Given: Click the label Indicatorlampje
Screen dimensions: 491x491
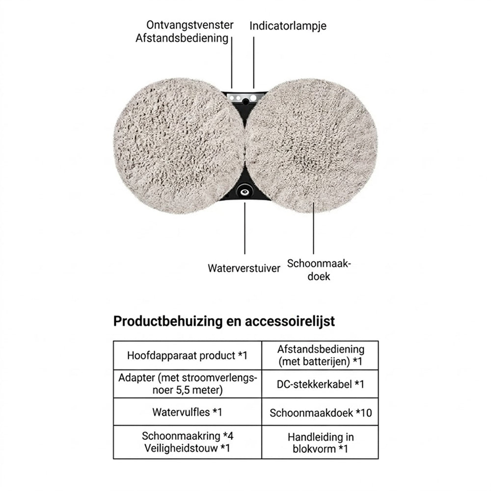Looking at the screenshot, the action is (x=288, y=26).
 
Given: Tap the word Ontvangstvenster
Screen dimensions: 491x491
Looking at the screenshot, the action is (x=190, y=25).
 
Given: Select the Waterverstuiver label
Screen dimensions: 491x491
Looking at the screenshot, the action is (x=244, y=269).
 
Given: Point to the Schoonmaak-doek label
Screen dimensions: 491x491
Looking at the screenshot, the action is (x=319, y=270).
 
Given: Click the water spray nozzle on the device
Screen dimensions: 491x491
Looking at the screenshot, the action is (x=245, y=191).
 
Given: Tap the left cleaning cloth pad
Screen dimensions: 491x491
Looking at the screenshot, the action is (x=179, y=146).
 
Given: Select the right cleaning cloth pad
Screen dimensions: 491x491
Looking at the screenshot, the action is (x=312, y=146).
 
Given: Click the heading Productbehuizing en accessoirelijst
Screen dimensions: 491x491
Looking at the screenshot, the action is (x=224, y=321).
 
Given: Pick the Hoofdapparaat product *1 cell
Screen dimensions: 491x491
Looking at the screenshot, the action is (x=187, y=355).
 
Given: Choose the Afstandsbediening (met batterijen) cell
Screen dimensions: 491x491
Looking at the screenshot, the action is (x=320, y=355).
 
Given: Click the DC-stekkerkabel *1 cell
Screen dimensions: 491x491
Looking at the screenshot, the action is (x=320, y=384).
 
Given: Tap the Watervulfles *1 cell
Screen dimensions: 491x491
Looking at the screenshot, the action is (x=187, y=412).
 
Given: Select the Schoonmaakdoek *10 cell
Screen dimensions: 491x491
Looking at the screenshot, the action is (x=320, y=412).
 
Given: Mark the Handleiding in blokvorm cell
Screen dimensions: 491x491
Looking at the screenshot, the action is (x=320, y=442).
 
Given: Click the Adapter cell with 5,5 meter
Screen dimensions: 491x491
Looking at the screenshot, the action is (x=187, y=384).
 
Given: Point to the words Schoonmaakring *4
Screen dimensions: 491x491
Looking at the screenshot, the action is (x=188, y=436).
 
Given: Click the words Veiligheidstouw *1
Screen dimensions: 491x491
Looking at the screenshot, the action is (x=187, y=448).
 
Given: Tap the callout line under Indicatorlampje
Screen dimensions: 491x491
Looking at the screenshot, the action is (x=254, y=63).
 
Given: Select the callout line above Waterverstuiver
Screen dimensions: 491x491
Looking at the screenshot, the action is (x=245, y=228).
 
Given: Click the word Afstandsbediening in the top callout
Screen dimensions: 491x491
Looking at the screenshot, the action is (x=182, y=38).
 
